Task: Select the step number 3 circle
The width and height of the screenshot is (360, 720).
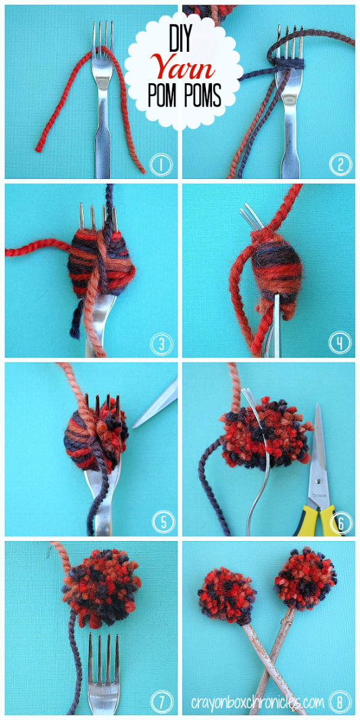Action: (x=161, y=343)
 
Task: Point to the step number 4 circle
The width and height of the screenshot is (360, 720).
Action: (x=340, y=343)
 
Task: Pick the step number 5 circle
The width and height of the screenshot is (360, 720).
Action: (x=161, y=522)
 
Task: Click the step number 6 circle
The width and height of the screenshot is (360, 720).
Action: (x=340, y=522)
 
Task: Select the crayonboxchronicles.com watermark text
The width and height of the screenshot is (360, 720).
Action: (x=257, y=701)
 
